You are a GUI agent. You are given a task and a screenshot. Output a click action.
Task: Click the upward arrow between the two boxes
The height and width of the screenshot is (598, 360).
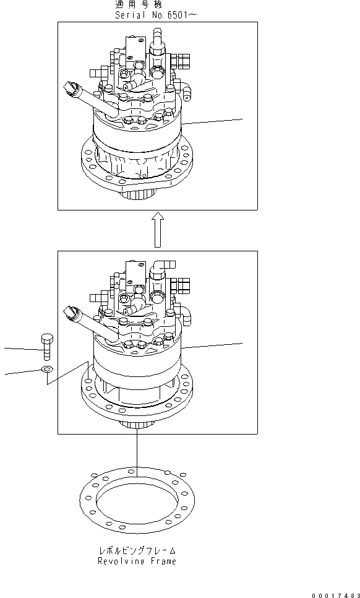[158, 228]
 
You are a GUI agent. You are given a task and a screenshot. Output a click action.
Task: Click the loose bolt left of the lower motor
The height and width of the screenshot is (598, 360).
[46, 349]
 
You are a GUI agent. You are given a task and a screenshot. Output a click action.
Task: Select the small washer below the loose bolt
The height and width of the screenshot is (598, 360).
[46, 370]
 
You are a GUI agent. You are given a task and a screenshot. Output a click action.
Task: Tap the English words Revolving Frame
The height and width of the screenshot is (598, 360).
[137, 561]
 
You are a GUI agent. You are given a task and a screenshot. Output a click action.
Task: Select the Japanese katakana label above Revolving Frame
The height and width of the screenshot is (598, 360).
[137, 550]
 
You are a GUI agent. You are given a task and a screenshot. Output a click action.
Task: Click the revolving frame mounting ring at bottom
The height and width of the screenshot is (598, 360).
[137, 496]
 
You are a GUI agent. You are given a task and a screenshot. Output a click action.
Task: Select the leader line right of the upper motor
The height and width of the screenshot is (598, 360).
[213, 121]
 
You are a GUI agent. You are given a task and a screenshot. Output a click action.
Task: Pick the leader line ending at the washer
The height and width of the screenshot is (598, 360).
[22, 373]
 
